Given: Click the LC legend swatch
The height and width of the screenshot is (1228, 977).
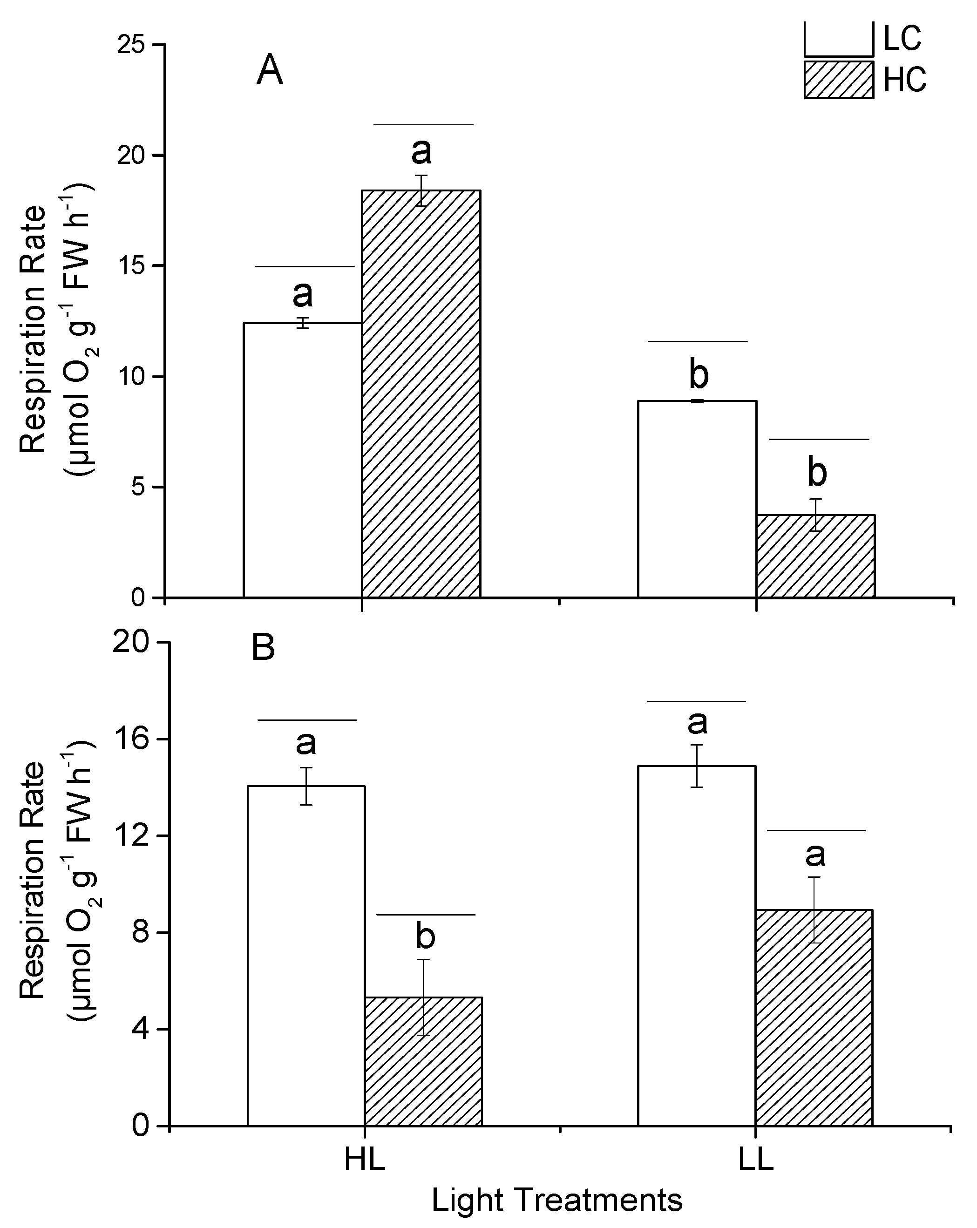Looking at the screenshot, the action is click(839, 39).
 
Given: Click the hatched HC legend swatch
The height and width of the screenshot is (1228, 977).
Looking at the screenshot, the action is click(839, 80).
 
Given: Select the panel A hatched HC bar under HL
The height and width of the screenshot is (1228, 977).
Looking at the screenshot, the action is click(421, 394).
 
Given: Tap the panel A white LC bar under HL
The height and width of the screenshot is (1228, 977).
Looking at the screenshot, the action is click(303, 460).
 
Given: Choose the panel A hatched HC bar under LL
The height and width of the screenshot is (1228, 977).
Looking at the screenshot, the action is click(815, 556).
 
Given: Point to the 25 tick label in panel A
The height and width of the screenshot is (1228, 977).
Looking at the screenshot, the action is click(130, 45).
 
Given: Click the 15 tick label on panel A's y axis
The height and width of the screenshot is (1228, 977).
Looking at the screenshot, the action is click(130, 266).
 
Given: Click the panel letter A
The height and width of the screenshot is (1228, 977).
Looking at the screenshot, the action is click(270, 72).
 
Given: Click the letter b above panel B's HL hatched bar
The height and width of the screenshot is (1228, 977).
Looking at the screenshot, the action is click(425, 936).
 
